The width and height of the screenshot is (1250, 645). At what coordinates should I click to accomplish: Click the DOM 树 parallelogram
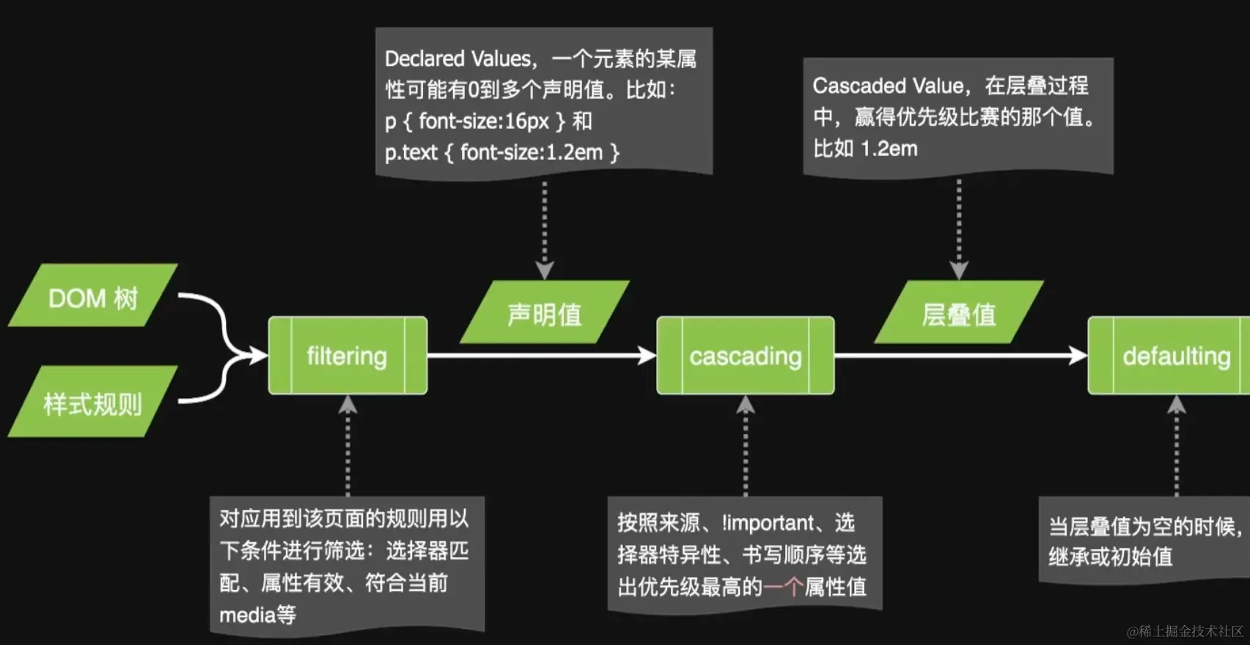tap(93, 295)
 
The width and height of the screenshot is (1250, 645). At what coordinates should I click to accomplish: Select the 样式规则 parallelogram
tap(92, 402)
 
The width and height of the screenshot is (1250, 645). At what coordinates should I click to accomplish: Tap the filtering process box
tap(348, 355)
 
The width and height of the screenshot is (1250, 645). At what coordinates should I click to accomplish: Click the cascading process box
tap(745, 355)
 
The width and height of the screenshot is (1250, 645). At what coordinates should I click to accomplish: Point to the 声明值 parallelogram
tap(545, 313)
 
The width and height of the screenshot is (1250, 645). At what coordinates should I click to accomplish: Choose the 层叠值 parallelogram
tap(958, 313)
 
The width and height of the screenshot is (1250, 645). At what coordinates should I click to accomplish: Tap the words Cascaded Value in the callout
tap(888, 86)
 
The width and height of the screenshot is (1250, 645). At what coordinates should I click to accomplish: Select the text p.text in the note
tap(411, 152)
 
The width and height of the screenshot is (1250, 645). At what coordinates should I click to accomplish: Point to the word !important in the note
tap(768, 523)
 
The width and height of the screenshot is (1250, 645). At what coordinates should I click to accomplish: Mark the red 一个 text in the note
tap(783, 586)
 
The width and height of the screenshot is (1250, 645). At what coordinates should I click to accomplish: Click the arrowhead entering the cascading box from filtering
tap(647, 355)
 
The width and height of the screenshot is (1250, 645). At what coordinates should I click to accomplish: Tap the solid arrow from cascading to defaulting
tap(960, 355)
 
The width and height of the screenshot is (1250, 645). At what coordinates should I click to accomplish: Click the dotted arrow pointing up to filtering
tap(348, 447)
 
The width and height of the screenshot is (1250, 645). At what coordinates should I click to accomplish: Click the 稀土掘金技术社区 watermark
tap(1185, 631)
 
